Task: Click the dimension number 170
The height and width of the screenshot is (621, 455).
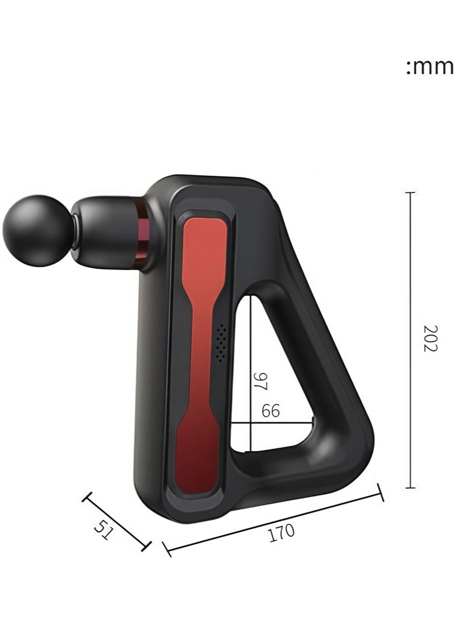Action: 282,532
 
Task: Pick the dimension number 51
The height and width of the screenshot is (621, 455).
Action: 104,531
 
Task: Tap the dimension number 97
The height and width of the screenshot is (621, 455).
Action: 260,382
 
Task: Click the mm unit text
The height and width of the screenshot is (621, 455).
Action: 429,67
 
